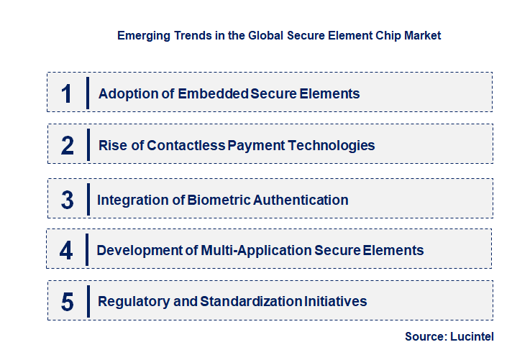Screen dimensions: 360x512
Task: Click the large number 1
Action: [x=67, y=93]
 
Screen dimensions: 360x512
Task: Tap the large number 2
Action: [x=67, y=145]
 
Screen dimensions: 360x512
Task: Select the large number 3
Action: [x=67, y=200]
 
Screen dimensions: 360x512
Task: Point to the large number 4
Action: [x=67, y=251]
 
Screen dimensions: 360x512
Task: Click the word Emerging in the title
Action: [x=142, y=34]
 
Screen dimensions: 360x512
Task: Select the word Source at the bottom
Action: [x=424, y=336]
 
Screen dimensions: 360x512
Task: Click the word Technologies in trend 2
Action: [x=332, y=145]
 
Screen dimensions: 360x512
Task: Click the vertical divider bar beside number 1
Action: [x=87, y=93]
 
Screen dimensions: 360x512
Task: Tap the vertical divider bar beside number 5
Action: [x=87, y=301]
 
